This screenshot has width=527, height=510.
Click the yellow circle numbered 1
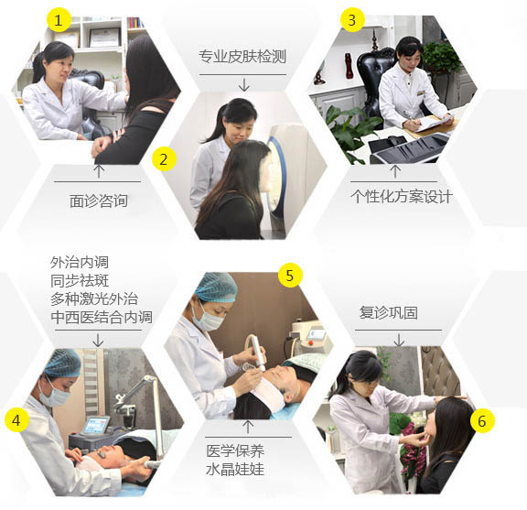click(59, 20)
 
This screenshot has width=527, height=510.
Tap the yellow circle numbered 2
click(165, 158)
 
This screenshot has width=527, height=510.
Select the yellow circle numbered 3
click(352, 19)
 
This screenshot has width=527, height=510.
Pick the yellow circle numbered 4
click(17, 420)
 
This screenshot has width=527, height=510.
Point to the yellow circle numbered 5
click(290, 276)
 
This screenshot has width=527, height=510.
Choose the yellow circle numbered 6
click(482, 421)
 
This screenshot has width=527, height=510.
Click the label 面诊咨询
click(99, 201)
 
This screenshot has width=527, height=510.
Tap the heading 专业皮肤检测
click(242, 56)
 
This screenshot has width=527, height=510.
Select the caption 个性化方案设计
click(402, 196)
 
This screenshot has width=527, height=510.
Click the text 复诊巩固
click(389, 312)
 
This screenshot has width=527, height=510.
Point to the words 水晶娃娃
click(235, 469)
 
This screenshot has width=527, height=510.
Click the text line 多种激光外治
click(94, 298)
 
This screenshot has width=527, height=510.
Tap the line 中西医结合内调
click(102, 317)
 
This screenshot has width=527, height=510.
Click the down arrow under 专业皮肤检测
click(244, 85)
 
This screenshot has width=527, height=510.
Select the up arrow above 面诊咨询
click(99, 171)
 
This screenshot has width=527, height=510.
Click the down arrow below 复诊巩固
click(399, 340)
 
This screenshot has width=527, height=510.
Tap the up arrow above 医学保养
click(248, 427)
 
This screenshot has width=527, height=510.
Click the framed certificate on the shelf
click(104, 38)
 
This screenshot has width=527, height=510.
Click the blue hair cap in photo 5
click(217, 287)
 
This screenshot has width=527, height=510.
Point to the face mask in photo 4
click(54, 395)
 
